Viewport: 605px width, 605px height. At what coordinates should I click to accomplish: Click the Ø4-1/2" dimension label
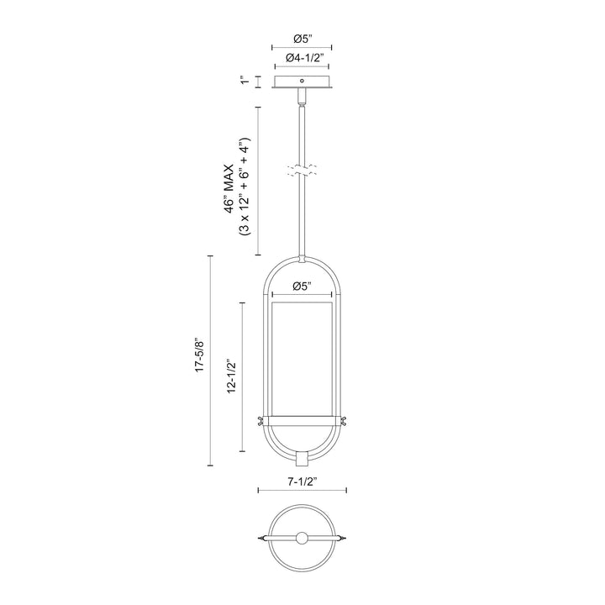click(302, 58)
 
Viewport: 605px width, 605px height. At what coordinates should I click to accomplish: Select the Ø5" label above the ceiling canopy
click(302, 38)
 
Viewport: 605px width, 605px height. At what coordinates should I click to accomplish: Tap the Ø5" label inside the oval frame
click(302, 287)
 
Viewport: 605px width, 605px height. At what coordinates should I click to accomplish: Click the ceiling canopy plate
click(302, 82)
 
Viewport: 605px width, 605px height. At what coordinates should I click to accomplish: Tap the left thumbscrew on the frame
click(260, 420)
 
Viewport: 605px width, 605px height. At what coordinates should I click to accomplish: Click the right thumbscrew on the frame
click(345, 420)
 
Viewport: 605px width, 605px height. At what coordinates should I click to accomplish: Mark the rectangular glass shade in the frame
click(302, 357)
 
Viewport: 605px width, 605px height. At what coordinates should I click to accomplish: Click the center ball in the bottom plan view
click(302, 539)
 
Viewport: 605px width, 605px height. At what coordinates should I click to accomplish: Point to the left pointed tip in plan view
click(257, 539)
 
